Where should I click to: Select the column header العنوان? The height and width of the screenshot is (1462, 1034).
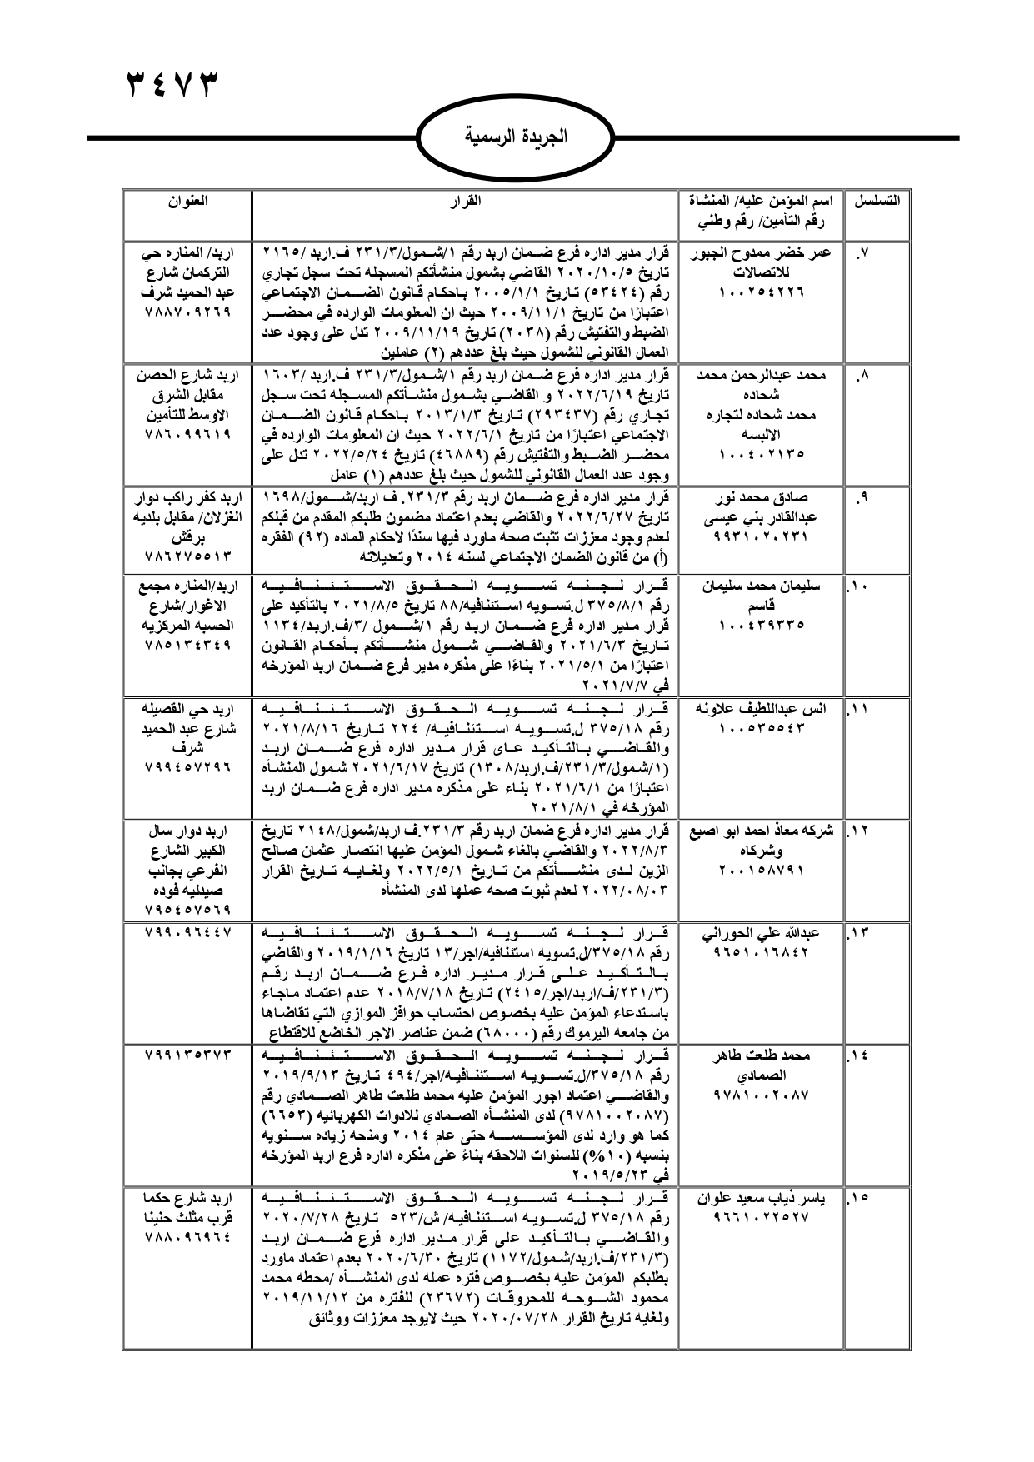click(187, 201)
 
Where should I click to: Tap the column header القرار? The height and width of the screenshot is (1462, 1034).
click(465, 201)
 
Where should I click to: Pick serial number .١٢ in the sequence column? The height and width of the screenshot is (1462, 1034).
click(859, 831)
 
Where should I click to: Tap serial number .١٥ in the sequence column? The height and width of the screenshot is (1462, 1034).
click(859, 1199)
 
